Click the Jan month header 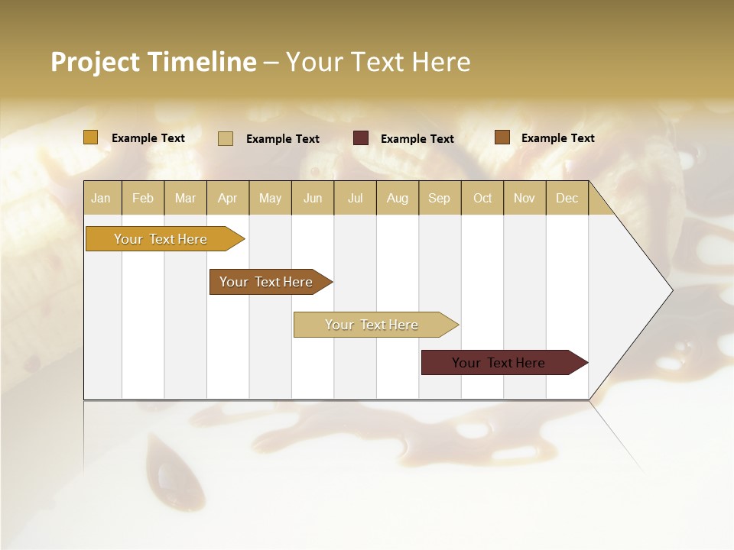(102, 198)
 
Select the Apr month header (228, 198)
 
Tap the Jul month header (356, 198)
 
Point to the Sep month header (440, 198)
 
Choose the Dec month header (567, 198)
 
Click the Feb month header (143, 198)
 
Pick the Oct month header (482, 198)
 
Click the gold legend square (91, 137)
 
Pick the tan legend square (226, 138)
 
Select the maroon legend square (361, 138)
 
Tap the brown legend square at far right (502, 137)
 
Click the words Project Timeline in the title (153, 62)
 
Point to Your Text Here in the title (378, 62)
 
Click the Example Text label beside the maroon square (417, 139)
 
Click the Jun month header (313, 198)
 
